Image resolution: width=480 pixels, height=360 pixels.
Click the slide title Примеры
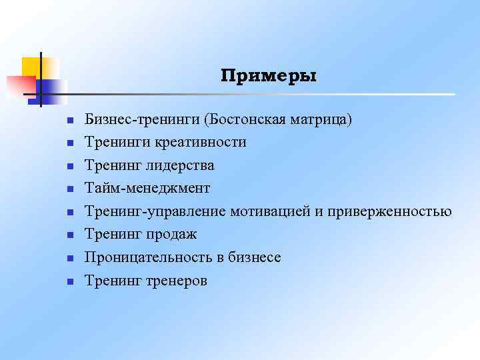coord(269,77)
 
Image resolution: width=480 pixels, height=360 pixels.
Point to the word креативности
coord(201,143)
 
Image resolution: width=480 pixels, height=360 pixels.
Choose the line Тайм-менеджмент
coord(147,189)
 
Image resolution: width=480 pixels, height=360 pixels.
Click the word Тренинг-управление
coord(155,212)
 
